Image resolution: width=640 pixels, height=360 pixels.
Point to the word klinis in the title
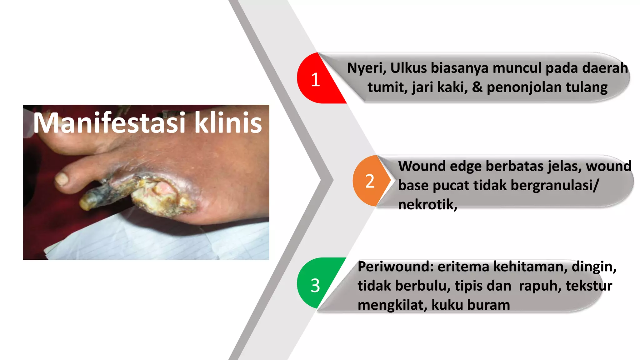228,122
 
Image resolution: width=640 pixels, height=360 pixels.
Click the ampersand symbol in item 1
477,87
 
